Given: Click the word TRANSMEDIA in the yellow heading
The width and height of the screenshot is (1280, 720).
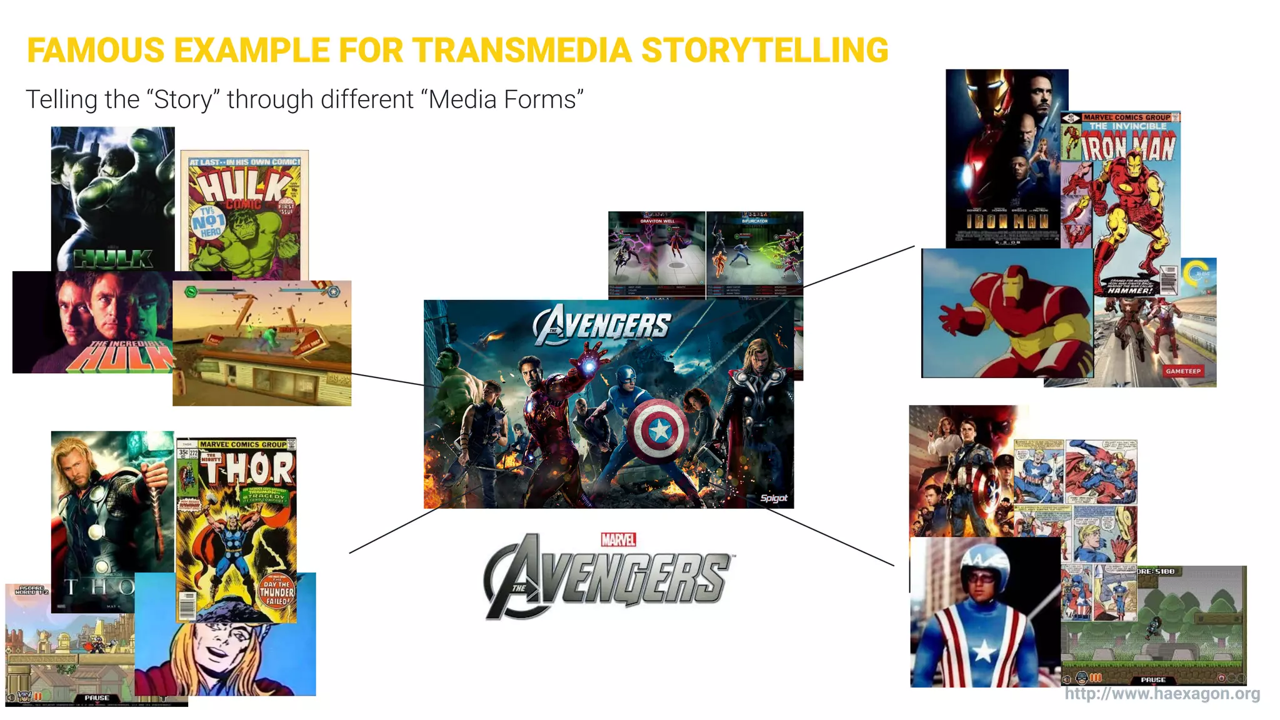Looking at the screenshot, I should (x=521, y=50).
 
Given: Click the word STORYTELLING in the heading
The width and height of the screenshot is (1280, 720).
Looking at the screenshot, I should (x=764, y=50).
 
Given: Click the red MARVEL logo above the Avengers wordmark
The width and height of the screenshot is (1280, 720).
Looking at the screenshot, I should (x=618, y=539).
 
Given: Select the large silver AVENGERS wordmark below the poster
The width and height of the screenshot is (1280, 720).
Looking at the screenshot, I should (x=606, y=579).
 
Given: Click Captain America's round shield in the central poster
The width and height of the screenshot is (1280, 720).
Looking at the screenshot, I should (x=659, y=430).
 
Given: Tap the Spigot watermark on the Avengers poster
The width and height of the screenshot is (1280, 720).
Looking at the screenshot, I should (x=773, y=498).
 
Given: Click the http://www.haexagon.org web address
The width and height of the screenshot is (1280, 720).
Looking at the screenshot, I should (x=1162, y=694).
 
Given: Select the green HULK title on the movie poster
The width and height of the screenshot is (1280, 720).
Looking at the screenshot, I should (x=113, y=258).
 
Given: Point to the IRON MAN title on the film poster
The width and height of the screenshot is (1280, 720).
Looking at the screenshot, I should (x=1007, y=222).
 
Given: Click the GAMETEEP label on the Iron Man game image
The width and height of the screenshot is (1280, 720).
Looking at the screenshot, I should (x=1182, y=371).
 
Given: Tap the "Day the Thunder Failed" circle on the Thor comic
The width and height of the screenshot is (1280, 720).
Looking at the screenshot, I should (x=276, y=591).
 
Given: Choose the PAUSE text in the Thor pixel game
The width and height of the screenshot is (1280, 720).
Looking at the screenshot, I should (x=96, y=698).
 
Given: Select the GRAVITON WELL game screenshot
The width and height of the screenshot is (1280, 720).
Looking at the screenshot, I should (x=656, y=253).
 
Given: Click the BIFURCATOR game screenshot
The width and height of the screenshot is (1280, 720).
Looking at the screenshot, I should (x=754, y=253).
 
